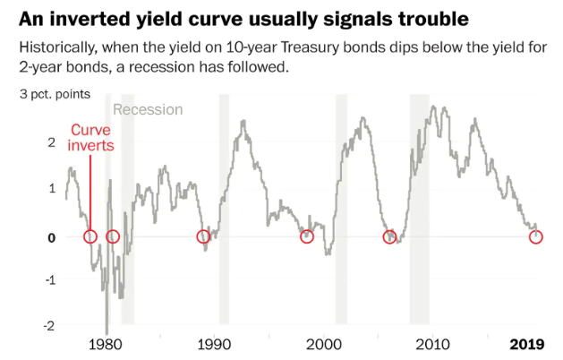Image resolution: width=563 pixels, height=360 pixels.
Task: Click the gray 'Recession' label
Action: [148, 109]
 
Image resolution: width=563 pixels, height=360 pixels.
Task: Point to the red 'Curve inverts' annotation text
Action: [90, 137]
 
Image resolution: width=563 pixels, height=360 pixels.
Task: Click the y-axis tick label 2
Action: [52, 141]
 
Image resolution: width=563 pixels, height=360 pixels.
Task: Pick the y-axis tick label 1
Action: [52, 189]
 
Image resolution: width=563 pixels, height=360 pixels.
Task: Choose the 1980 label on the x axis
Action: [107, 345]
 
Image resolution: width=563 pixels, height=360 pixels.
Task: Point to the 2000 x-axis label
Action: [323, 345]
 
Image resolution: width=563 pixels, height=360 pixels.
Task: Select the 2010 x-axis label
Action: [432, 345]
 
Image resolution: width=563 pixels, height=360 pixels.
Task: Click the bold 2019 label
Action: [527, 345]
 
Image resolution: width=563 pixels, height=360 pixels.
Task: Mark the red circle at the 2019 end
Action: [536, 236]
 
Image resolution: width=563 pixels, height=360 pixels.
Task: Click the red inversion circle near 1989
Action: [203, 236]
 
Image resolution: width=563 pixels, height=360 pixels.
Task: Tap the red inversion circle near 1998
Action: [306, 236]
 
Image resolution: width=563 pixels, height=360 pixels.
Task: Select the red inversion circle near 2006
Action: [389, 236]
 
